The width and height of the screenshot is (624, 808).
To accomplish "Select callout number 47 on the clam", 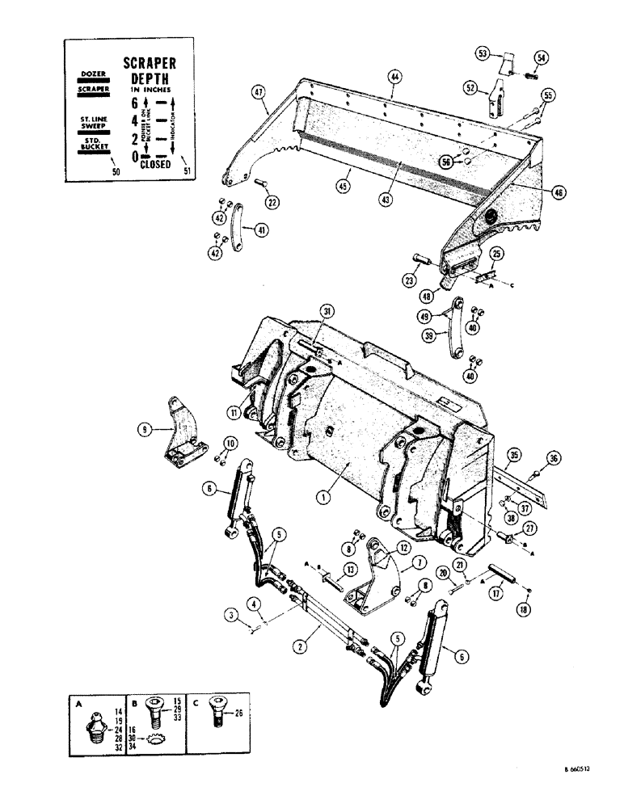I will coord(258,91).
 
